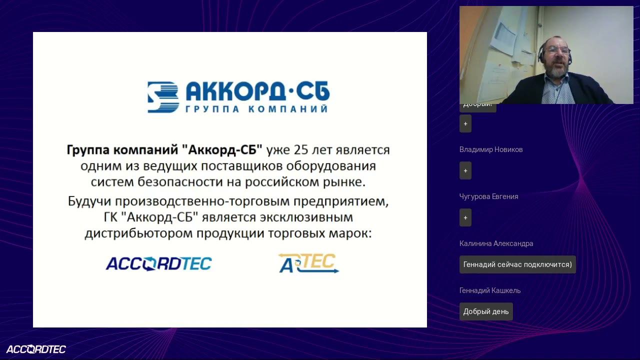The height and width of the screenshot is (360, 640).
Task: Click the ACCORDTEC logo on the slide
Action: tap(158, 263)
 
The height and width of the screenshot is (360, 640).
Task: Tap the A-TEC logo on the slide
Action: tap(308, 263)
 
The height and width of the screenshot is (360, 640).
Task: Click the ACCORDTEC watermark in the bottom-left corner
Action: tap(36, 349)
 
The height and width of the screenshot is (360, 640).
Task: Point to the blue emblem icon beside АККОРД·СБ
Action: tap(163, 97)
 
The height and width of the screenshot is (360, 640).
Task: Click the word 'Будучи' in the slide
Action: tap(89, 202)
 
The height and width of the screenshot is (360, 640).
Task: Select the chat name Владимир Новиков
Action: tap(491, 149)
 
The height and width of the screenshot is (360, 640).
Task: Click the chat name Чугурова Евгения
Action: tap(488, 196)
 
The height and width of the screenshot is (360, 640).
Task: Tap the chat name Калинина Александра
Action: tap(496, 243)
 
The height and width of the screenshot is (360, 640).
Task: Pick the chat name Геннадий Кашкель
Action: tap(490, 290)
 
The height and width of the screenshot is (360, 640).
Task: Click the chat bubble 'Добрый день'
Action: tap(486, 311)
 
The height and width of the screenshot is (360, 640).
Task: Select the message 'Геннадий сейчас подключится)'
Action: tap(517, 264)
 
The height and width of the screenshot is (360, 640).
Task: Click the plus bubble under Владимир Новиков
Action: tap(465, 170)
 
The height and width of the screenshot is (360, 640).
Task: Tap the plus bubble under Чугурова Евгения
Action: tap(465, 217)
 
